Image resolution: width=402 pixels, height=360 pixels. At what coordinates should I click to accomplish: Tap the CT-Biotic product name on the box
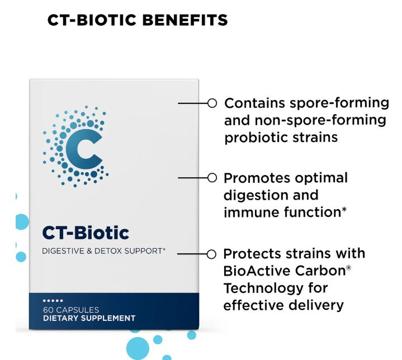[x=86, y=233]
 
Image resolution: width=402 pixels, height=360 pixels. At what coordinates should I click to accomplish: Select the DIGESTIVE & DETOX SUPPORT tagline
[x=104, y=252]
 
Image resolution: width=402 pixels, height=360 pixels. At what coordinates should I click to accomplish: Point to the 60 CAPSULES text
[x=71, y=309]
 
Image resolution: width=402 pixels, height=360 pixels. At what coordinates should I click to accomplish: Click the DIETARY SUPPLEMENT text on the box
[x=89, y=318]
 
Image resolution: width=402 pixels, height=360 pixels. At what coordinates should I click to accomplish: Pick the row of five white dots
[x=53, y=301]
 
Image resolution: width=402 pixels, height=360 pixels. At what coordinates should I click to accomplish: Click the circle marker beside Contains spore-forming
[x=212, y=103]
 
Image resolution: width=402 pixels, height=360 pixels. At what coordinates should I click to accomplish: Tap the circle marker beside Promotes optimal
[x=212, y=178]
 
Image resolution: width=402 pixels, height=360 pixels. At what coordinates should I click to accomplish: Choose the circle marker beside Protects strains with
[x=211, y=254]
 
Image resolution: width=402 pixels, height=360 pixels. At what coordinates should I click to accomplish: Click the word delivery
[x=318, y=305]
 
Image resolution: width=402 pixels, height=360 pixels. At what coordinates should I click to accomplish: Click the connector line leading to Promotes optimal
[x=192, y=178]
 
